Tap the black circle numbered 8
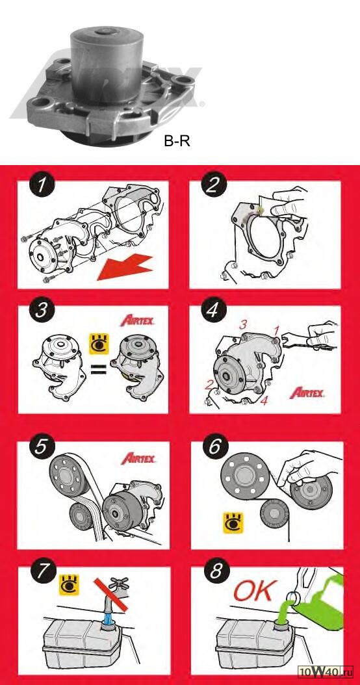click(216, 573)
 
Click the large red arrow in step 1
click(125, 266)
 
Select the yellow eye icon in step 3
click(99, 344)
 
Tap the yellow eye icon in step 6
click(233, 523)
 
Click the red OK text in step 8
click(255, 591)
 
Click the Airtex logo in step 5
click(138, 458)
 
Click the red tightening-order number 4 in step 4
click(263, 400)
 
